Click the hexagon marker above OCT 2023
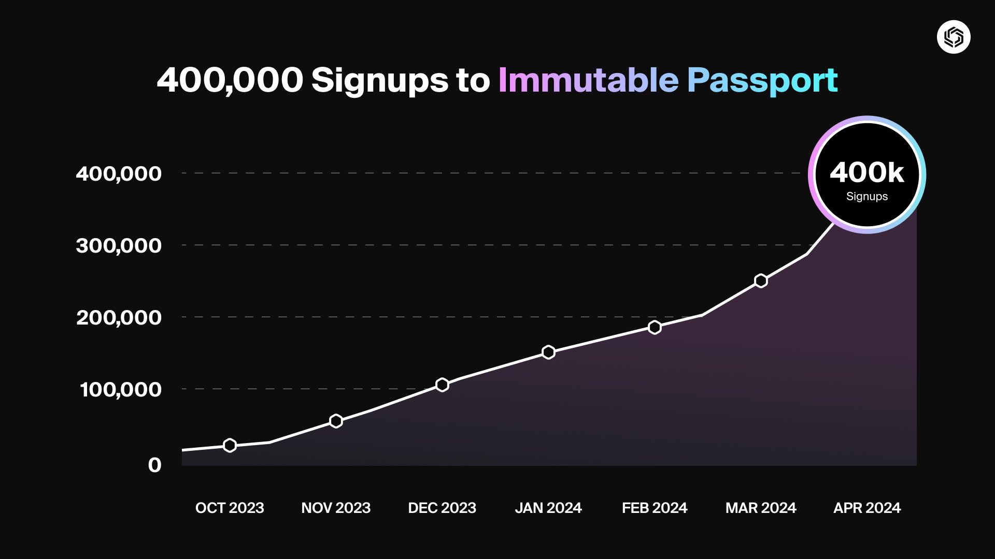click(230, 445)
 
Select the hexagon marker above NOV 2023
click(336, 421)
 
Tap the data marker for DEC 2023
click(442, 385)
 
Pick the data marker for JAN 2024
click(548, 352)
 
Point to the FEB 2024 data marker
click(655, 327)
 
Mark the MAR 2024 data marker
click(761, 281)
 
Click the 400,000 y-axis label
click(119, 173)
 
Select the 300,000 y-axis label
click(119, 245)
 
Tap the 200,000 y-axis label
click(119, 317)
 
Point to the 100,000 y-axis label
click(120, 389)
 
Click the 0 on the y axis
click(154, 465)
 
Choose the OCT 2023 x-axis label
click(230, 508)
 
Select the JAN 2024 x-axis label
click(548, 508)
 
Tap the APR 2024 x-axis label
click(867, 508)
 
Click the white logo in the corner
click(954, 37)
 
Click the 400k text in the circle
click(867, 172)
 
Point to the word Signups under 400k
click(867, 197)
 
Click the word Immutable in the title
click(588, 80)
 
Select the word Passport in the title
click(762, 80)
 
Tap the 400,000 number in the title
click(230, 80)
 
